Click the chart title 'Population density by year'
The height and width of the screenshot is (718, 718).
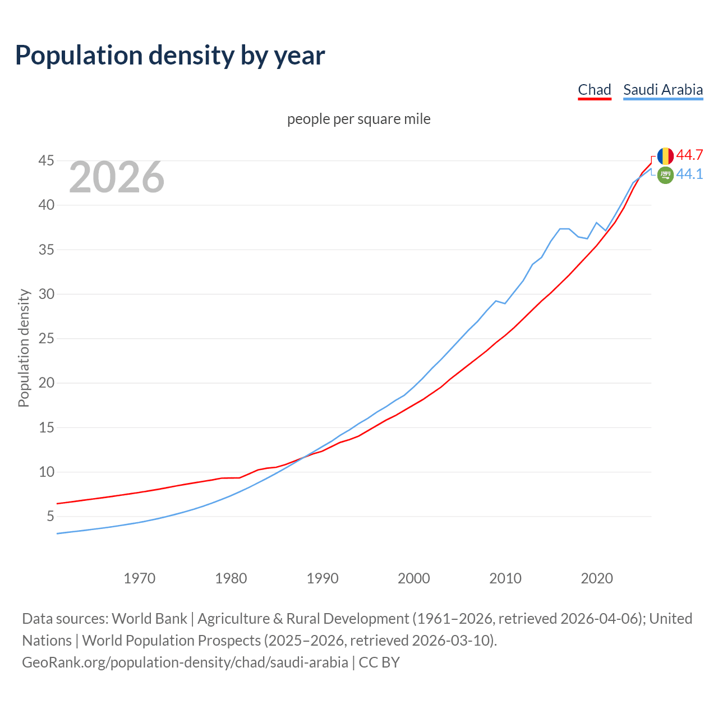pos(170,56)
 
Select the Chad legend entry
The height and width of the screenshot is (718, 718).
pos(594,90)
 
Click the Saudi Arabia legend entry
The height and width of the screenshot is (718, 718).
pos(662,90)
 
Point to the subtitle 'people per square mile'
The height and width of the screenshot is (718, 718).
pos(358,119)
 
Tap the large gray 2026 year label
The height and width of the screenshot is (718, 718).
pos(117,177)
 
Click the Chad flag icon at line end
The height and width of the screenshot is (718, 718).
pos(665,156)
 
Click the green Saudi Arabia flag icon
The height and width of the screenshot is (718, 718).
pos(665,175)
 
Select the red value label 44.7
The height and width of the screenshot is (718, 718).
pos(689,155)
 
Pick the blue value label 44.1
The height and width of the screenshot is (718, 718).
pos(689,174)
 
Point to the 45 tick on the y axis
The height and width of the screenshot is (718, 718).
pos(47,161)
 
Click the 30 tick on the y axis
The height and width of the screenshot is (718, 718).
pos(47,294)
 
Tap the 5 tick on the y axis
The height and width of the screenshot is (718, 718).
pos(50,516)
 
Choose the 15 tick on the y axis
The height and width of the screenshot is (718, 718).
pos(47,427)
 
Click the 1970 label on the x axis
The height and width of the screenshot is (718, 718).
pos(140,578)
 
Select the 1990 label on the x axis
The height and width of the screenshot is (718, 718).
pos(323,578)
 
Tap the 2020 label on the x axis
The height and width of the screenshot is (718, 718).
pos(597,578)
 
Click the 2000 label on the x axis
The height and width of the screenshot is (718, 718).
pos(414,578)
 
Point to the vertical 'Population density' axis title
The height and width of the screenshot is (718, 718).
pos(24,348)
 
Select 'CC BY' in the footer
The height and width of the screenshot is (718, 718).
pos(379,662)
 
